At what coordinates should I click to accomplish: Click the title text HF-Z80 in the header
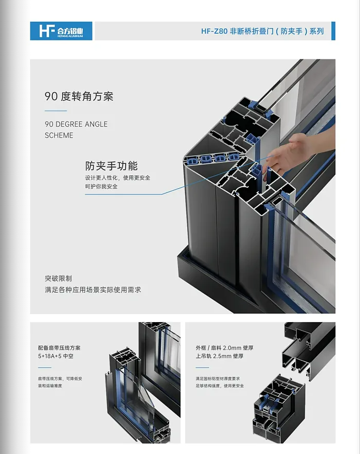(214, 31)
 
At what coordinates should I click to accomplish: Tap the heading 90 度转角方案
(79, 96)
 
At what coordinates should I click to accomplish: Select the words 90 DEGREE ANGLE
(76, 124)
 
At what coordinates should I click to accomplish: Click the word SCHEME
(59, 135)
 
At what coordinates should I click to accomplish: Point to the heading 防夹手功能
(111, 166)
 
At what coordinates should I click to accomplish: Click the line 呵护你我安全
(101, 187)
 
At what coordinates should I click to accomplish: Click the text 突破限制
(58, 278)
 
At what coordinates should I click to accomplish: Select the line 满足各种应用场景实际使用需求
(93, 290)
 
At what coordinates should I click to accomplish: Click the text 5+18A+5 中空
(56, 356)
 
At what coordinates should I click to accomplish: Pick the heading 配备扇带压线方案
(59, 347)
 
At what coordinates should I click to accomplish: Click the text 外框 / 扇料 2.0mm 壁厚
(224, 347)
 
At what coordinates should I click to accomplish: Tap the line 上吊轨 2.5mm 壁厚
(219, 356)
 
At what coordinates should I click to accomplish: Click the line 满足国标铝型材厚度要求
(218, 379)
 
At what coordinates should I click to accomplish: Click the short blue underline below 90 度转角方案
(56, 111)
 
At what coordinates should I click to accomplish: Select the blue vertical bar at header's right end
(333, 31)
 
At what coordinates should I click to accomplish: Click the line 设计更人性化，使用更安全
(117, 178)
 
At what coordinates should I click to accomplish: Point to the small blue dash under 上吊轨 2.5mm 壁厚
(202, 368)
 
